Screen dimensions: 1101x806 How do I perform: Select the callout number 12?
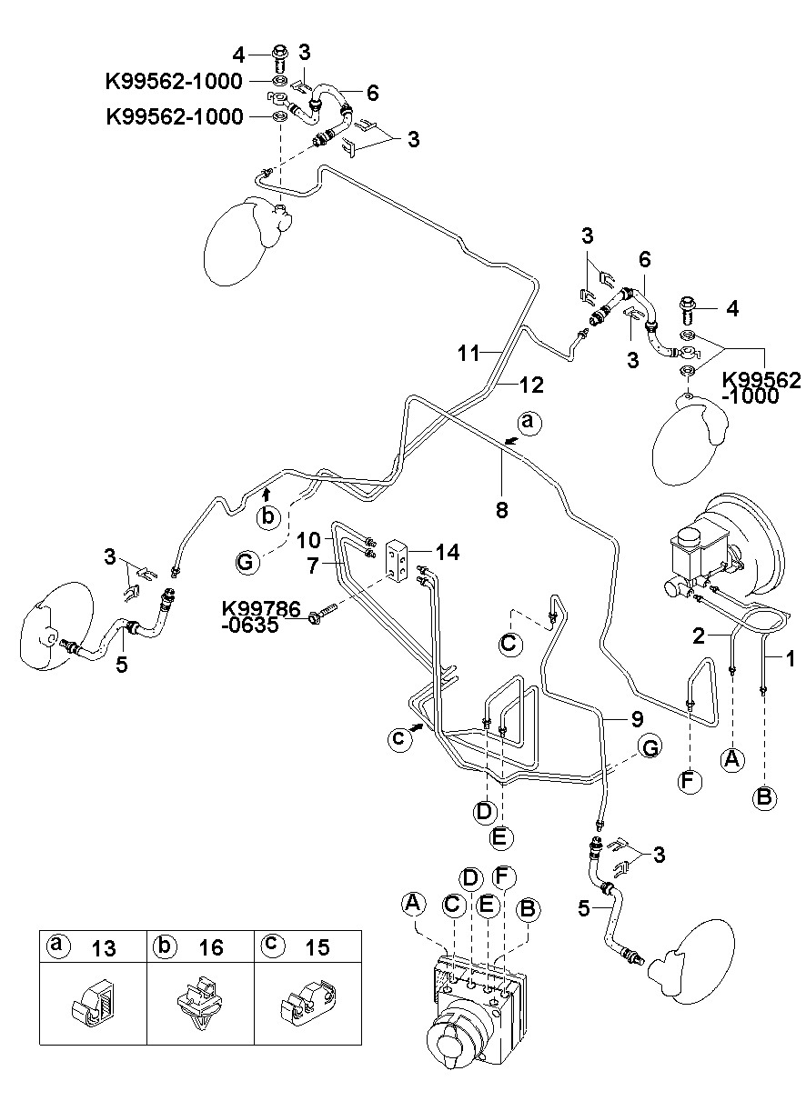click(x=531, y=385)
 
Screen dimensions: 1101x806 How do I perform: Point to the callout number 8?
click(x=501, y=510)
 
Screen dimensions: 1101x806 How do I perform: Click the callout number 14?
click(x=448, y=552)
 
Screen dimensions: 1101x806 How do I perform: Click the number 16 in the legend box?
click(x=210, y=947)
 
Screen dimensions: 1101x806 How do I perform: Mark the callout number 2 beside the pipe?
click(x=698, y=636)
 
